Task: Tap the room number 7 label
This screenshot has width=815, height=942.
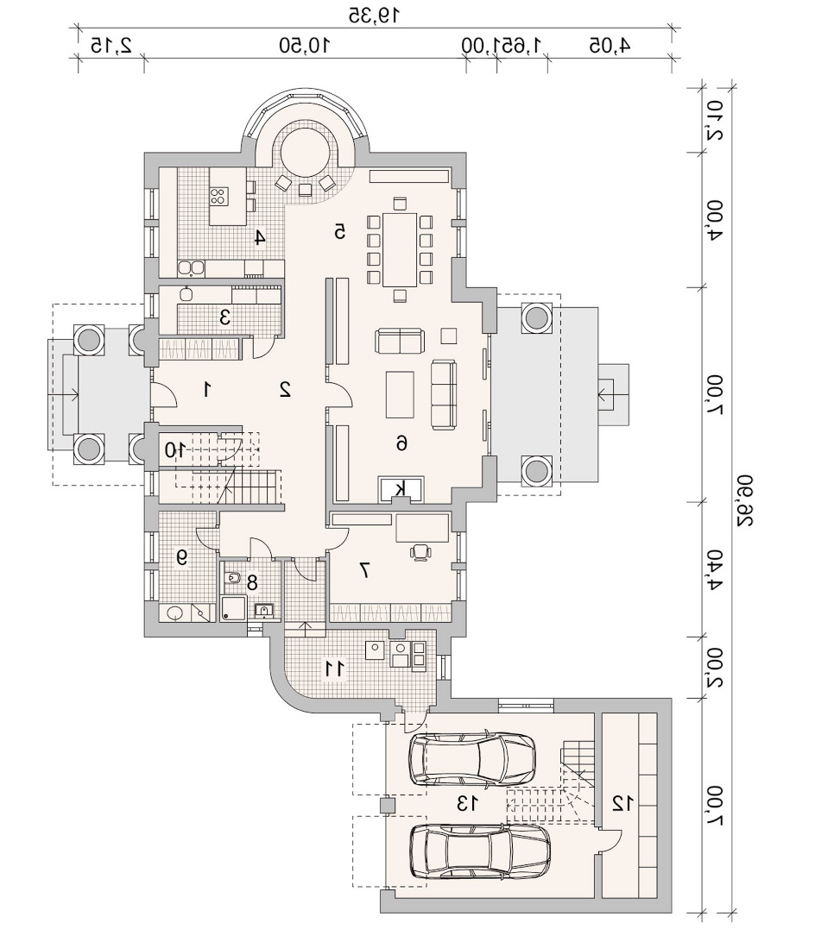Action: click(363, 569)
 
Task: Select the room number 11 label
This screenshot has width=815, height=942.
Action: click(335, 669)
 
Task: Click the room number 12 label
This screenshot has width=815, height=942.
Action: click(622, 803)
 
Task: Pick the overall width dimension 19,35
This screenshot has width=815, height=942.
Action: click(374, 16)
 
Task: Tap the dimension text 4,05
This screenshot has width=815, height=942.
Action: click(610, 45)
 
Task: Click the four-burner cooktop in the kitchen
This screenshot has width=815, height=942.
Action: click(218, 195)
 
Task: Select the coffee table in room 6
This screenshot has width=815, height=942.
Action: click(400, 394)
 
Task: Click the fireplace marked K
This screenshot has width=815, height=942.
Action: click(400, 489)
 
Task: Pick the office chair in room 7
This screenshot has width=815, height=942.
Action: click(420, 551)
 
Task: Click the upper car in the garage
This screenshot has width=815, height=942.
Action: click(471, 758)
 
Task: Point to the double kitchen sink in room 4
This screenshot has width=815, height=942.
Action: click(192, 267)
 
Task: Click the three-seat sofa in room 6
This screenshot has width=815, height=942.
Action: click(444, 394)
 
